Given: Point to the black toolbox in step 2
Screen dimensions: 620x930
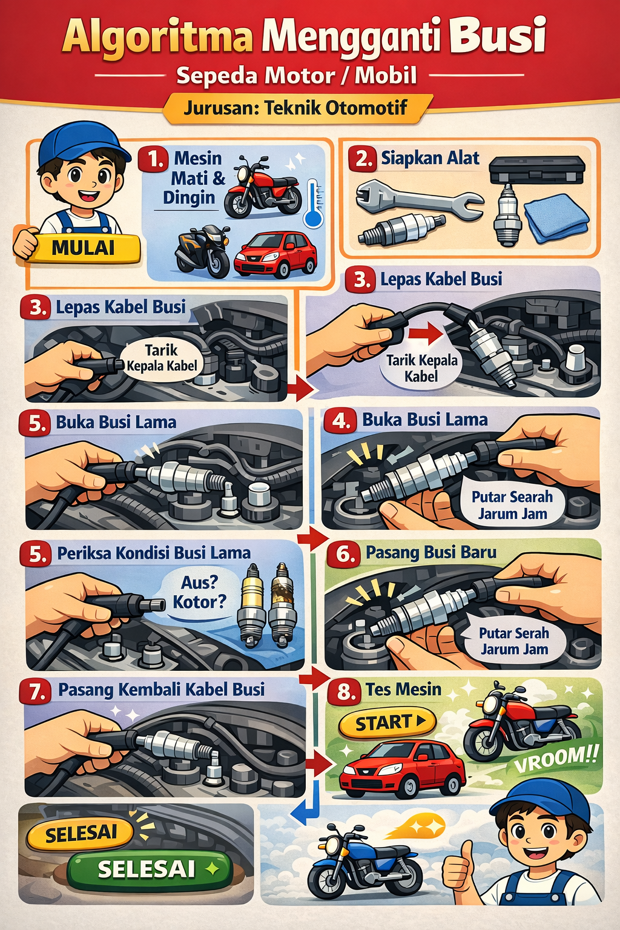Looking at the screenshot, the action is click(537, 170).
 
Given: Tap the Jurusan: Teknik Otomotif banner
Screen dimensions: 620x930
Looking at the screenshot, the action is click(295, 108).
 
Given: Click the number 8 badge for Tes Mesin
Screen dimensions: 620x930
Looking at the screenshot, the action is click(345, 691).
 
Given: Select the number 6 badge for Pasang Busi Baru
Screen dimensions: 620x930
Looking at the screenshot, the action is click(344, 554).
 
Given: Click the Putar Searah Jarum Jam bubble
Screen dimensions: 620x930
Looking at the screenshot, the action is click(512, 505).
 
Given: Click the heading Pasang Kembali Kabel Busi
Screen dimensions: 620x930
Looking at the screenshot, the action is click(161, 690).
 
